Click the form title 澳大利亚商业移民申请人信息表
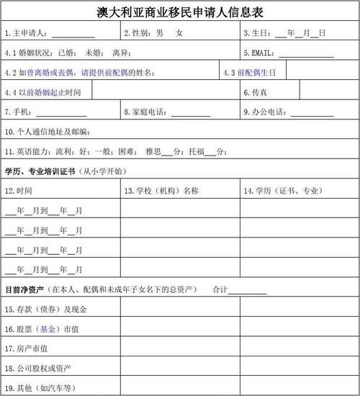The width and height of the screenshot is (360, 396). point(180,12)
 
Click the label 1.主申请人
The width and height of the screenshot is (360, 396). point(26,33)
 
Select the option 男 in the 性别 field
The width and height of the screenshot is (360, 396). point(159,33)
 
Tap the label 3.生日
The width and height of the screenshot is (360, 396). point(257,33)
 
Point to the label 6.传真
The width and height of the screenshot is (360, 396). point(256,92)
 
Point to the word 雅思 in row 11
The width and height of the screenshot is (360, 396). point(152,151)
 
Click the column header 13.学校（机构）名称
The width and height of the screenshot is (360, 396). point(161,191)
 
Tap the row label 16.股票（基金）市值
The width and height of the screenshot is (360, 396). point(42,329)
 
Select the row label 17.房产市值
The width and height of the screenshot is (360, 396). point(27,348)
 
